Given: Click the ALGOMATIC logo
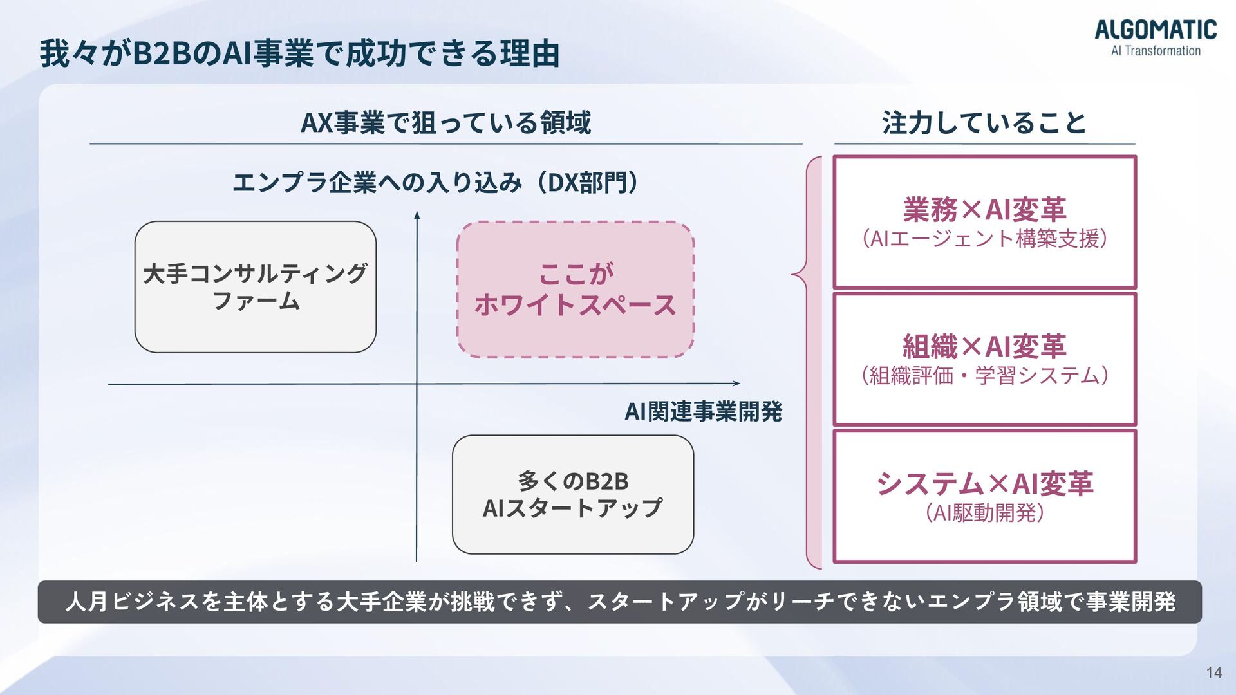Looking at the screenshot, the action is pos(1156,37).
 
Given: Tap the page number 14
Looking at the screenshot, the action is pos(1213,672).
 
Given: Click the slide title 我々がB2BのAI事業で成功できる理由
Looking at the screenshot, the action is pos(299,53).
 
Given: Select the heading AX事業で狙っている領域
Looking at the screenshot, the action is pos(445,122).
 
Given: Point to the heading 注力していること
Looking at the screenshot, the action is pos(984,122).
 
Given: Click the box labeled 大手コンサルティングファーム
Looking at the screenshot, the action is pos(256,287).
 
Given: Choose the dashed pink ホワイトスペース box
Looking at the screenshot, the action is pos(575,290).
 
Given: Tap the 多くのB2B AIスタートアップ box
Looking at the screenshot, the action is pos(573,494).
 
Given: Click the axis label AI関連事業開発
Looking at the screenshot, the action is pos(703,411).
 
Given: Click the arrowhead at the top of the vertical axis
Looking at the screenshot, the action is pos(417,215).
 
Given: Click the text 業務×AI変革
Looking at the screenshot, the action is pos(984,210).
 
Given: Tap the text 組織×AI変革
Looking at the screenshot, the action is pos(984,347).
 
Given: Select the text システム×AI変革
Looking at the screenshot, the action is pos(984,484).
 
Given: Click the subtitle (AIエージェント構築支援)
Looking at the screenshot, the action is pos(984,239).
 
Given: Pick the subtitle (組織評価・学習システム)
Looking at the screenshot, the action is pos(984,375).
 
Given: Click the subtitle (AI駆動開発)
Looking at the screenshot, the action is pos(984,513).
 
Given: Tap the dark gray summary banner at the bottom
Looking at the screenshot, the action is pos(619,602).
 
